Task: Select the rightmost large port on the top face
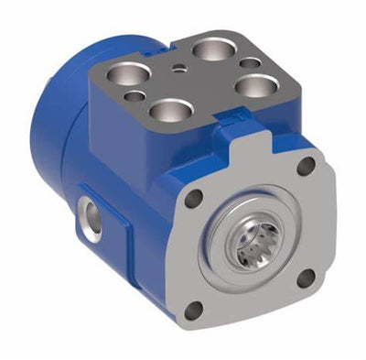coord(255,86)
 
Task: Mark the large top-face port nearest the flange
coord(171,109)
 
